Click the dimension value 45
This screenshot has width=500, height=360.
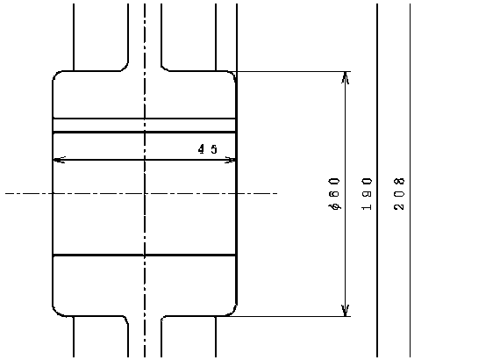tap(208, 149)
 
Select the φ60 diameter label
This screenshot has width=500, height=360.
tap(334, 194)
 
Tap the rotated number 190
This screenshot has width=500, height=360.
tap(367, 194)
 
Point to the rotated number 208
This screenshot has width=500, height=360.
tap(399, 194)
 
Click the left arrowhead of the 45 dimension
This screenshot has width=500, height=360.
tap(60, 160)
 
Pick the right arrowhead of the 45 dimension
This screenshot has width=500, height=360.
tap(230, 160)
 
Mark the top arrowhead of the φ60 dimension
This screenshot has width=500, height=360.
tap(346, 78)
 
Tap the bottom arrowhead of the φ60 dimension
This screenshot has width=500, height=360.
tap(346, 311)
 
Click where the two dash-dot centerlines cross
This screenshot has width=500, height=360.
tap(145, 193)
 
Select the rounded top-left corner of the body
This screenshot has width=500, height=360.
tap(55, 74)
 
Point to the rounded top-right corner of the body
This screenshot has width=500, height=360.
tap(233, 74)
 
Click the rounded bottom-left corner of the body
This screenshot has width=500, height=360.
tap(55, 313)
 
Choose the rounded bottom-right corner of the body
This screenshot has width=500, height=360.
tap(233, 313)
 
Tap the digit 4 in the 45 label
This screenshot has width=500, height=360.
tap(202, 149)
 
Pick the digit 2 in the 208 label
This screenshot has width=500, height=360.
tap(399, 206)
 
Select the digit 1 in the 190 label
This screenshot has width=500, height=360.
tap(367, 207)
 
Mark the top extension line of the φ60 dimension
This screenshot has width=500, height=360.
tap(293, 71)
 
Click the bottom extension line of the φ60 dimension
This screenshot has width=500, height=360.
tap(287, 316)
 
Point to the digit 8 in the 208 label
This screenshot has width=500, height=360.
tap(399, 181)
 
